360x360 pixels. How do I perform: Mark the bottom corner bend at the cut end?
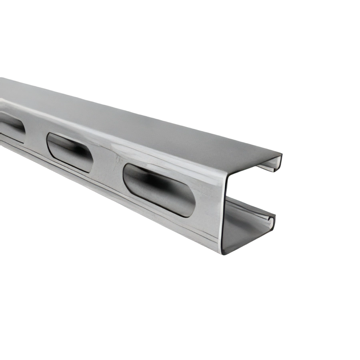click(226, 250)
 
